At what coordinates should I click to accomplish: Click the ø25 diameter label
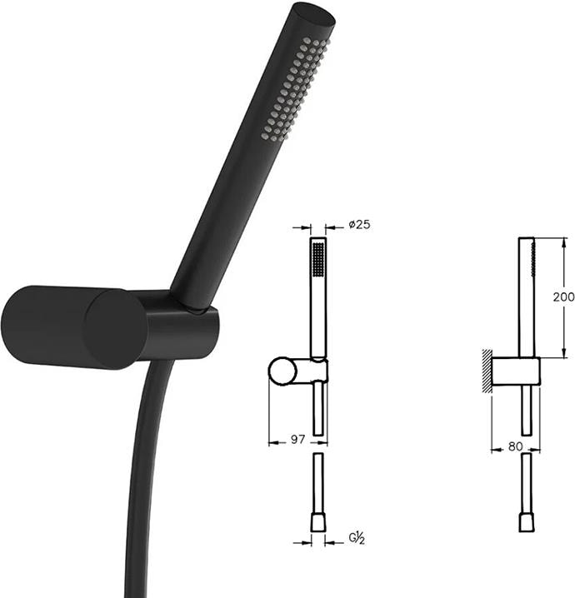[359, 224]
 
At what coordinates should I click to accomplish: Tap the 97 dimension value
[298, 440]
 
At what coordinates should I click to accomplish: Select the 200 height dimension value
[563, 297]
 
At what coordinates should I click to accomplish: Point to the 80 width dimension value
[515, 446]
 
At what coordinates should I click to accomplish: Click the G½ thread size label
[357, 538]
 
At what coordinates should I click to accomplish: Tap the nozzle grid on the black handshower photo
[295, 89]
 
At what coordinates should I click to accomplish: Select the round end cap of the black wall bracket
[115, 329]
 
